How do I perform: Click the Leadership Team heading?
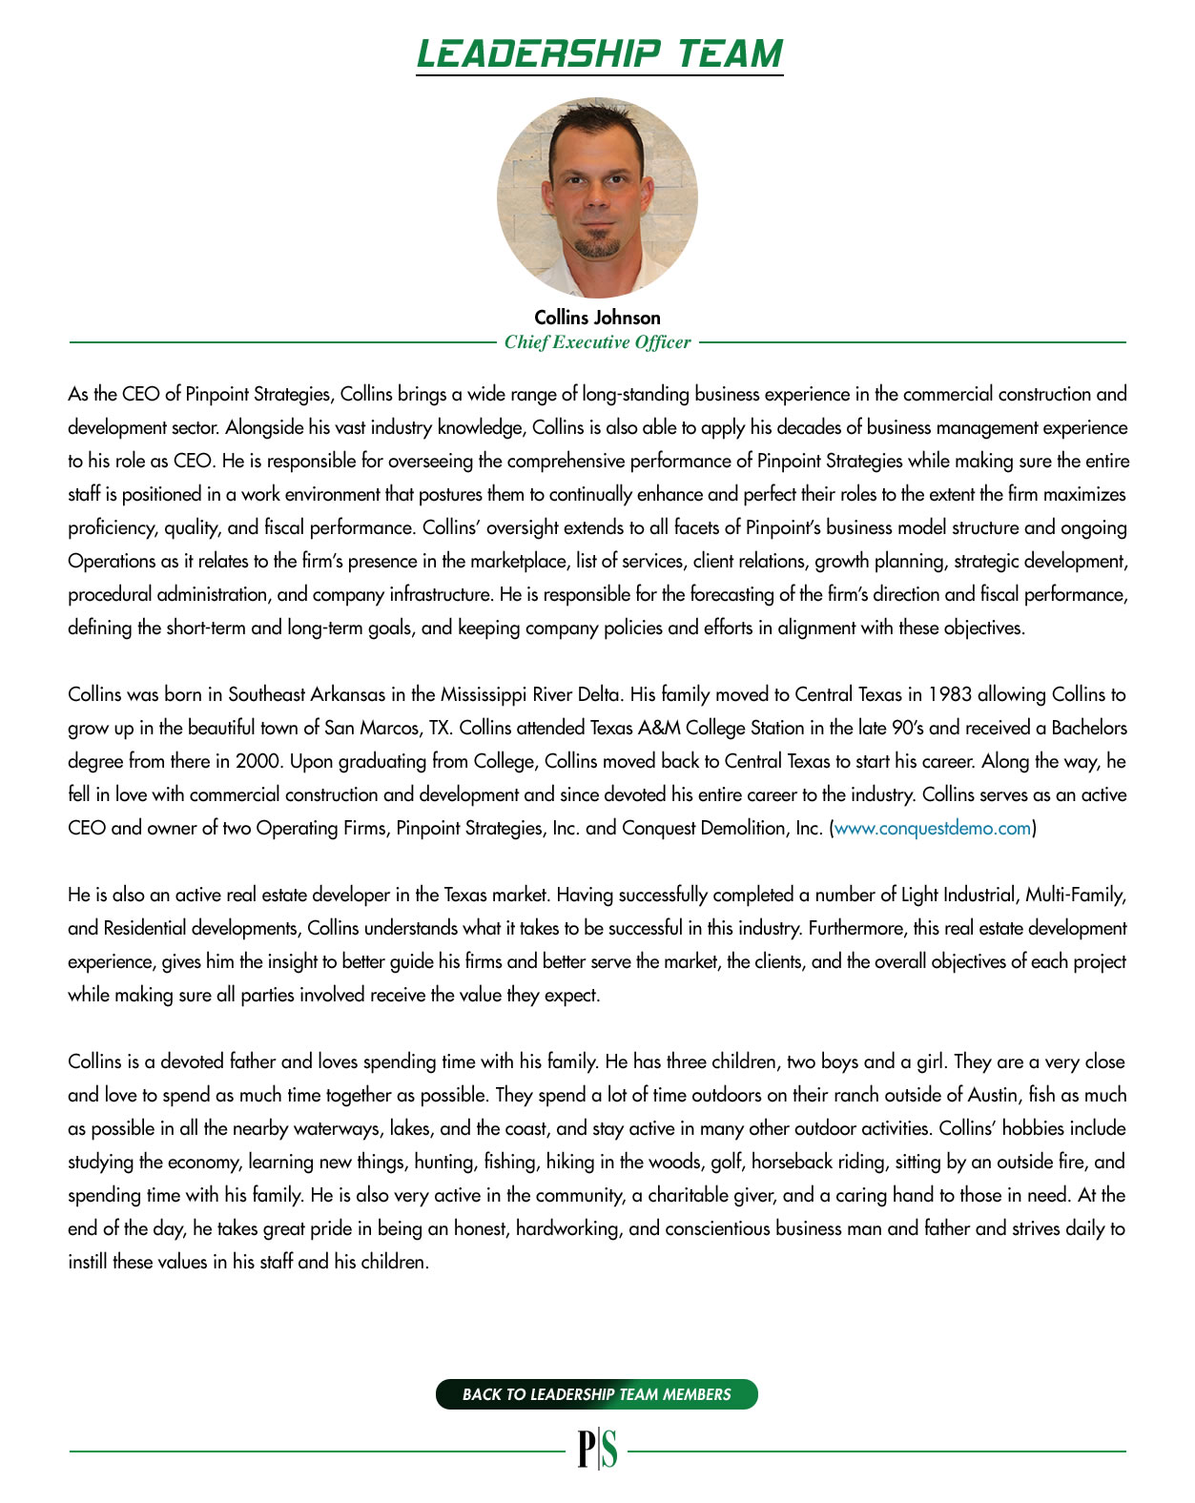click(599, 53)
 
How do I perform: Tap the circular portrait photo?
click(597, 196)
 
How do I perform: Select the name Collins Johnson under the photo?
click(597, 318)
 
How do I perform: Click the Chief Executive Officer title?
click(597, 342)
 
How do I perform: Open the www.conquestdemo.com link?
click(932, 828)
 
